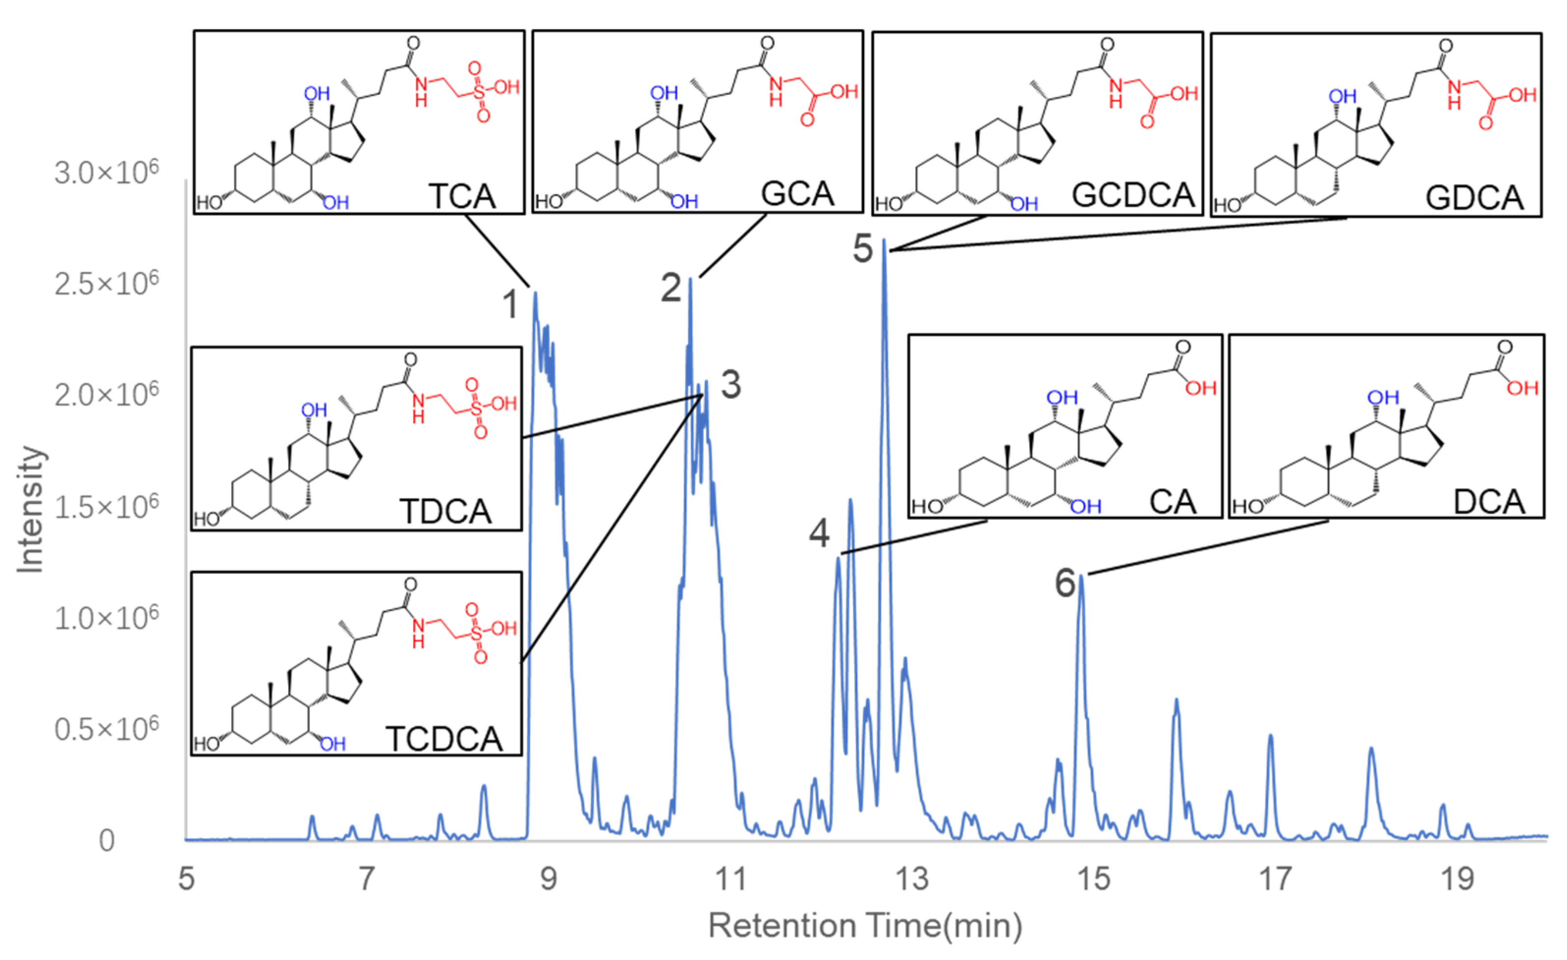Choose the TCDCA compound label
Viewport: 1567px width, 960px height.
point(444,739)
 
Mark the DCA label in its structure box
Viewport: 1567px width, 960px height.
point(1489,502)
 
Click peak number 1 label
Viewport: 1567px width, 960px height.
point(510,304)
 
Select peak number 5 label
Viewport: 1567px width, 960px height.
point(863,248)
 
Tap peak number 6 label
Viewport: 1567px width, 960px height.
point(1065,583)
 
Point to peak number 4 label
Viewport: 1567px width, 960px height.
point(819,533)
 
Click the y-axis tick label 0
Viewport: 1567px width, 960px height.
point(107,841)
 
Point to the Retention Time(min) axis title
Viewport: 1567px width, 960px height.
point(865,926)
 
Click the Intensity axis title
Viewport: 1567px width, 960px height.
point(30,509)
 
